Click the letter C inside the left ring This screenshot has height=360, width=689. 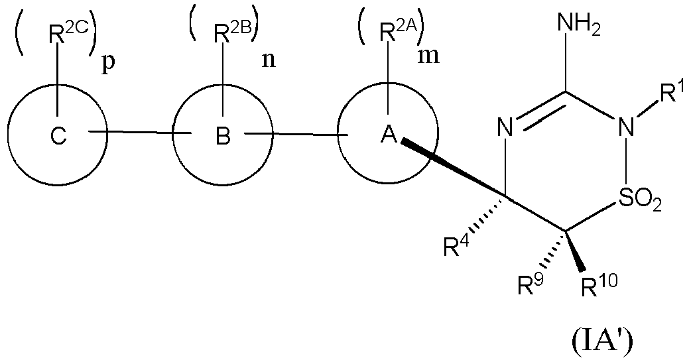[58, 137]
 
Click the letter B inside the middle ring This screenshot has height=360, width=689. [223, 137]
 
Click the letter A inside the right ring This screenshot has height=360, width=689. [388, 136]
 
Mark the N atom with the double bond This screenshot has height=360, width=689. [506, 127]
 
